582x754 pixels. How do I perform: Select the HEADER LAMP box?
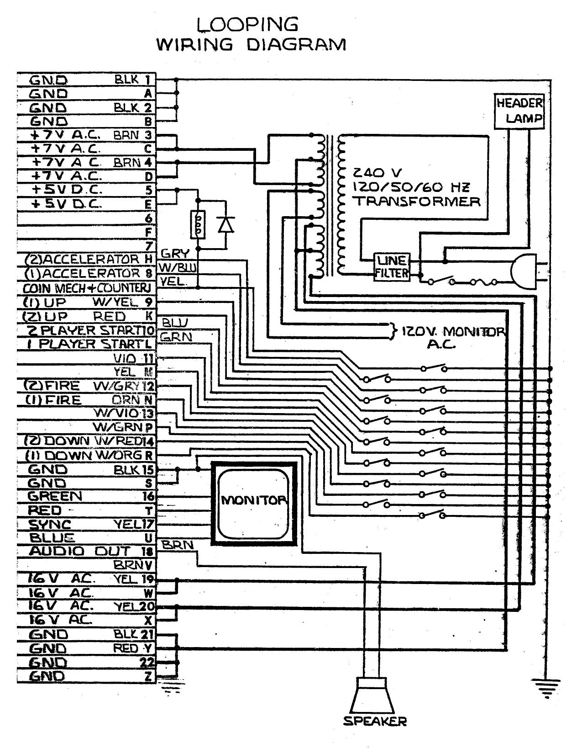(519, 111)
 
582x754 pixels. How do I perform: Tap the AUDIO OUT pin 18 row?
(86, 552)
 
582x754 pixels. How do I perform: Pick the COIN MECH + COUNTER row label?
(86, 288)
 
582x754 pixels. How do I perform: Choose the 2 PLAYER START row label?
(86, 330)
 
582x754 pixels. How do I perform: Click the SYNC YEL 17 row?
(86, 524)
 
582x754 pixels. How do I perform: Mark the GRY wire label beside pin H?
(172, 254)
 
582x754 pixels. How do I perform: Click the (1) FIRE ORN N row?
(86, 400)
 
